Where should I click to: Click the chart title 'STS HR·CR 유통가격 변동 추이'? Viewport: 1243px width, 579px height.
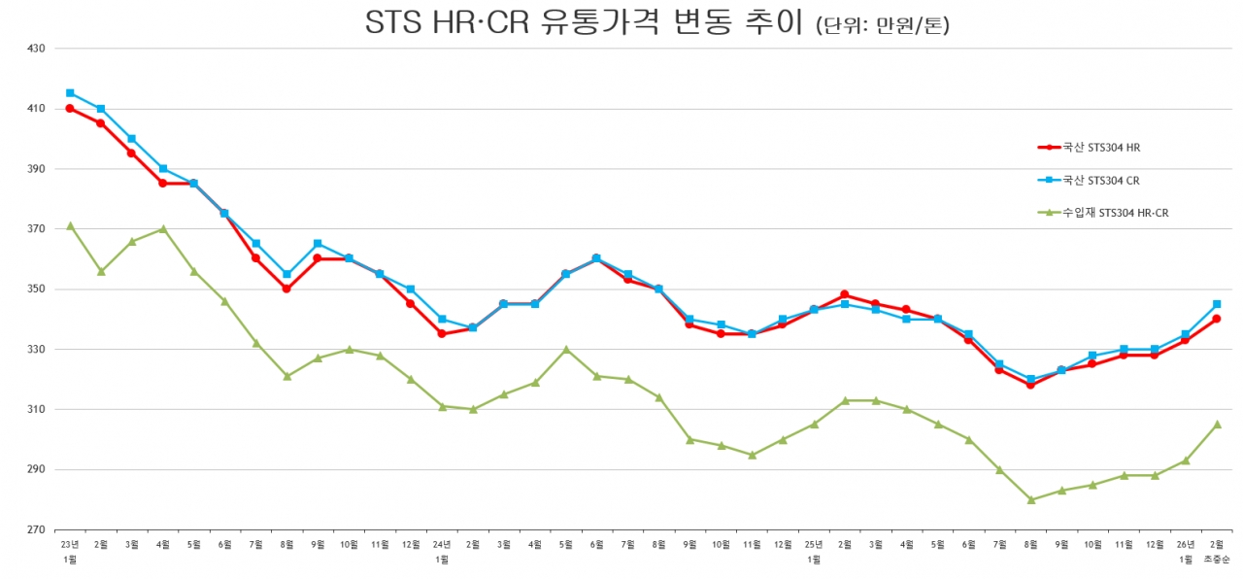coord(586,23)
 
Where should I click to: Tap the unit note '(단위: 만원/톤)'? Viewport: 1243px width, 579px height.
coord(883,26)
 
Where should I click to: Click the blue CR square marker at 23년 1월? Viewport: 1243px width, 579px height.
coord(70,93)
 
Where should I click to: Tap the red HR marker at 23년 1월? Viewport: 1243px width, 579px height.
coord(70,108)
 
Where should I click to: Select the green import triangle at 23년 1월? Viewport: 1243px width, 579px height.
coord(70,225)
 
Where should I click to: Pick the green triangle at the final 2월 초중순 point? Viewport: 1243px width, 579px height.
coord(1217,425)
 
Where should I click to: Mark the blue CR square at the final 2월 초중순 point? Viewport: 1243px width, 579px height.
coord(1217,304)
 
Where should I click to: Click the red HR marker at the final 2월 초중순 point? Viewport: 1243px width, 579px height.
coord(1217,319)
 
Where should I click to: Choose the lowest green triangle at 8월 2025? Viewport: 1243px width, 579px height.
coord(1030,499)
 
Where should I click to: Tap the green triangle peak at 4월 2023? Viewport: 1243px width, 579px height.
coord(163,229)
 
